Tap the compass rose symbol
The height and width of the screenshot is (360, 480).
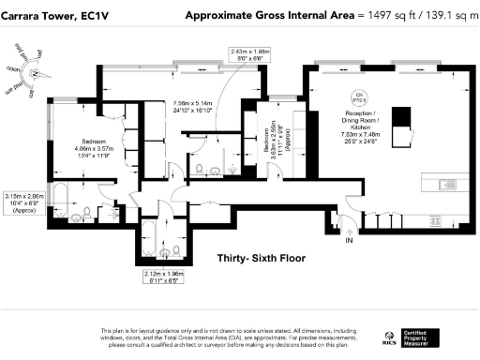click(33, 71)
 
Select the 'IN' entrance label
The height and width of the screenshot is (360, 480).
click(350, 240)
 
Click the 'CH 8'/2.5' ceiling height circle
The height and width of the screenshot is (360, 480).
click(358, 97)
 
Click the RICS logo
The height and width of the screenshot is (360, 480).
click(389, 336)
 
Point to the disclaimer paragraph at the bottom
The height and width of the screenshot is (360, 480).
click(234, 337)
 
